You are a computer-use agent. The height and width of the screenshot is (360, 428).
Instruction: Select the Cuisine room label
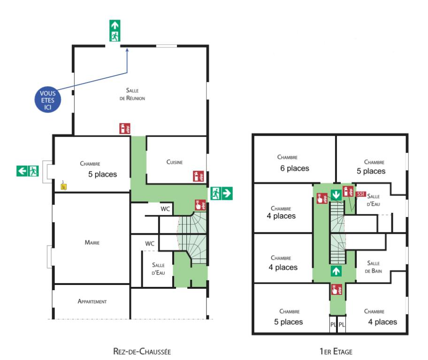[174, 162]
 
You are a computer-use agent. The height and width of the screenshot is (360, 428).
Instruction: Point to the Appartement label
[92, 301]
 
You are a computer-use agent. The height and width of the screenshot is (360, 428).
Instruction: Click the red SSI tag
[361, 194]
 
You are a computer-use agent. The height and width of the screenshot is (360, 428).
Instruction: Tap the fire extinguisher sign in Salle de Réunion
[125, 128]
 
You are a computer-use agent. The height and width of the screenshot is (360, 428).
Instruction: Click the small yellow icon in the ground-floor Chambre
[64, 186]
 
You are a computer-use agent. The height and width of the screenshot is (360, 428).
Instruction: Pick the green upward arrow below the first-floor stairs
[336, 270]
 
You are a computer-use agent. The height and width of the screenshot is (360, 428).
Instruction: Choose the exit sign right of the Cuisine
[222, 193]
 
